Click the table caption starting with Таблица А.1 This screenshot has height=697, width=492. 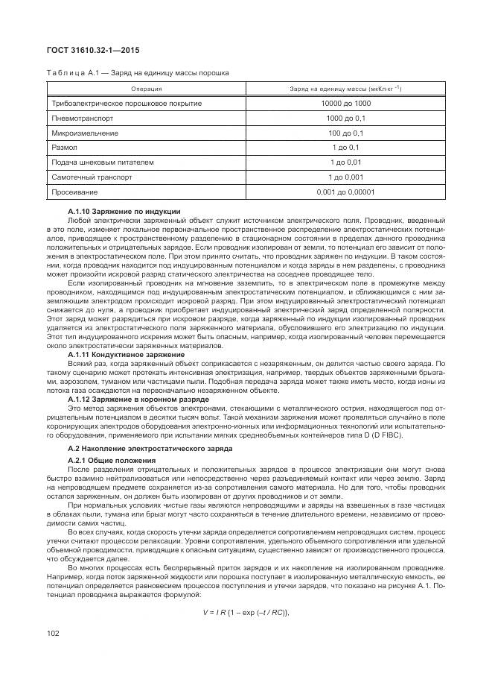pyautogui.click(x=138, y=72)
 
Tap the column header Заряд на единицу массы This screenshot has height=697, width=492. pyautogui.click(x=345, y=89)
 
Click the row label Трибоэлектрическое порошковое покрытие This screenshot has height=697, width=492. pyautogui.click(x=127, y=104)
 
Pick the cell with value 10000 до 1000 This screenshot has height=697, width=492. pyautogui.click(x=345, y=104)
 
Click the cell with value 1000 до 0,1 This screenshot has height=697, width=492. pyautogui.click(x=345, y=119)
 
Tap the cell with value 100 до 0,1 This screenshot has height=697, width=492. pyautogui.click(x=345, y=133)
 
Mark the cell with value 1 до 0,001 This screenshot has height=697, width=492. pyautogui.click(x=345, y=177)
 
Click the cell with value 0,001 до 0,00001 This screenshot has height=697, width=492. pyautogui.click(x=345, y=192)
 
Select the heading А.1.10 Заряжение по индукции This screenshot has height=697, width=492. pyautogui.click(x=124, y=212)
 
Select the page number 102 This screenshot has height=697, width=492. pyautogui.click(x=53, y=633)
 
